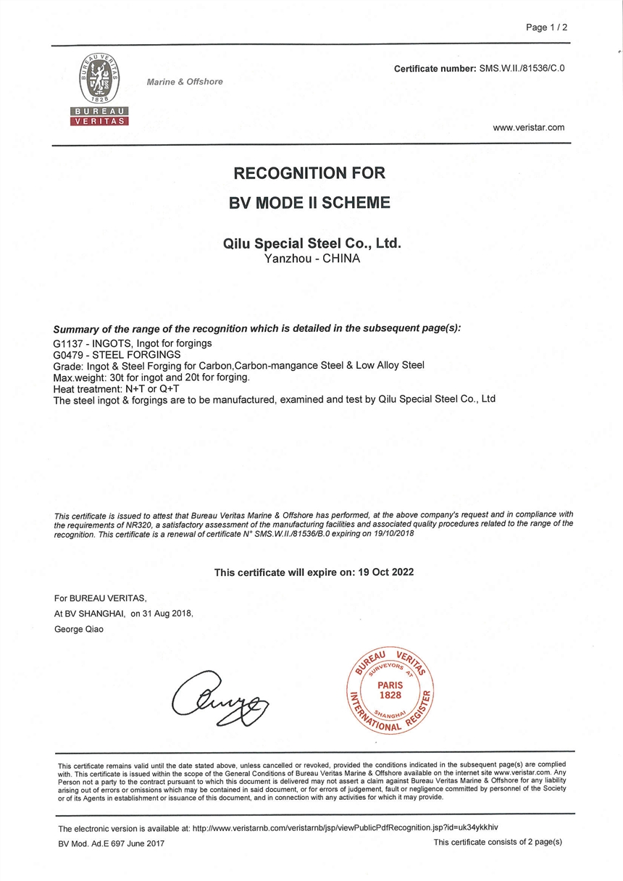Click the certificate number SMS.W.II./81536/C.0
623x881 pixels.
[521, 68]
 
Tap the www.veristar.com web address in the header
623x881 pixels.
[528, 128]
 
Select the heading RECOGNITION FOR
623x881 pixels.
[309, 173]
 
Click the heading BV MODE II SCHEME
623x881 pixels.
[309, 203]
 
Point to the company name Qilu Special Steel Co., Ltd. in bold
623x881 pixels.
[311, 243]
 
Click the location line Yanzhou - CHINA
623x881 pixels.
[312, 258]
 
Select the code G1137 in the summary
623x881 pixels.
[70, 343]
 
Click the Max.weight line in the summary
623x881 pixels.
[152, 377]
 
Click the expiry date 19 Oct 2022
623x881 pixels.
[387, 572]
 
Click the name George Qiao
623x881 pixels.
[79, 629]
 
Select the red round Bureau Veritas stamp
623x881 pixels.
[390, 689]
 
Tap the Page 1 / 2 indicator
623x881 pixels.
[546, 28]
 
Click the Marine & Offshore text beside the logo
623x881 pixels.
[185, 82]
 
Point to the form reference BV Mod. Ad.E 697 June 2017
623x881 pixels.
[112, 843]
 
